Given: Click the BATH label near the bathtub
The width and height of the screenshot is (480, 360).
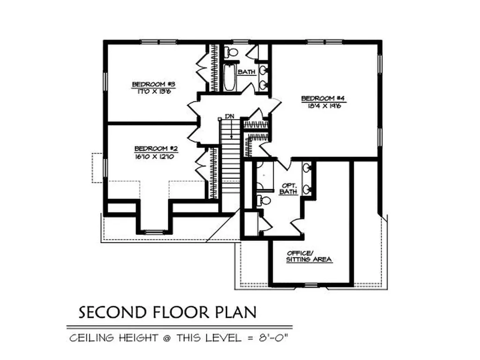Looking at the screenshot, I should coord(246,72).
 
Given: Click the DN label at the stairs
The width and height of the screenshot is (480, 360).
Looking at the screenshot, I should coord(229,116).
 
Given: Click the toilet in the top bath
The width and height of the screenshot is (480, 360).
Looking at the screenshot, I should coord(231,51).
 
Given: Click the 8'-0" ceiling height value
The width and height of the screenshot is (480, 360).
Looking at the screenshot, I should coord(277,337).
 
